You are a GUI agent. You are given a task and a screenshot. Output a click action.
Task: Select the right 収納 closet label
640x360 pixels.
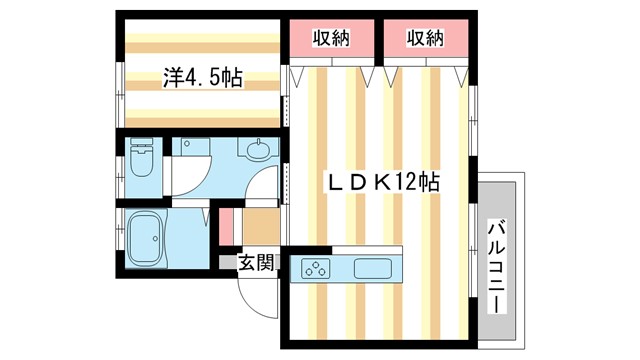[x=425, y=39]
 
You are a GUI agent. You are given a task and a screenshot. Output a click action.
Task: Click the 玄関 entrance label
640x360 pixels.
[x=256, y=263]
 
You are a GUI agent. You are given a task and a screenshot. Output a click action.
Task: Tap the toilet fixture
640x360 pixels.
[x=141, y=160]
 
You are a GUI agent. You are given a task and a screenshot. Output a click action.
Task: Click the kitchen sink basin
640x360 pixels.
[x=372, y=269]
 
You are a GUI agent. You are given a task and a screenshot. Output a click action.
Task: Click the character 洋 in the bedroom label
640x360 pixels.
[x=172, y=77]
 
